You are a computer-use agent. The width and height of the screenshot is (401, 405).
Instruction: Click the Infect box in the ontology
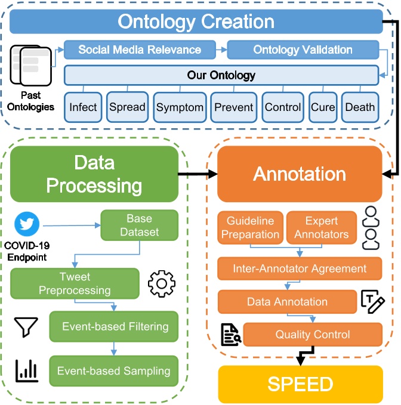(x=83, y=108)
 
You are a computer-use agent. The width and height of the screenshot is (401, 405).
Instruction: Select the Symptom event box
(x=180, y=108)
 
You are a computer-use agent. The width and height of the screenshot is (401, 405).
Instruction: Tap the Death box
(x=360, y=108)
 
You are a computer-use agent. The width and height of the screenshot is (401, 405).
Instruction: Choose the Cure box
(x=323, y=108)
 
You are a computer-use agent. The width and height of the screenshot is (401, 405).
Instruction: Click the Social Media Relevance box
(x=140, y=50)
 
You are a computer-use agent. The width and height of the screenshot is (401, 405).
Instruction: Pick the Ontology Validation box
(x=303, y=50)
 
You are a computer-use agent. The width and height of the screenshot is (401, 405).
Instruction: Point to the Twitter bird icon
(x=27, y=224)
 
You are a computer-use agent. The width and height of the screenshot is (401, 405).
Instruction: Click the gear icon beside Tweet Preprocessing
(x=161, y=283)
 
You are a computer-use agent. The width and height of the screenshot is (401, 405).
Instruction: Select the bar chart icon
(x=26, y=370)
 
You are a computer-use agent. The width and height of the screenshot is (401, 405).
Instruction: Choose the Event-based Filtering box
(x=115, y=326)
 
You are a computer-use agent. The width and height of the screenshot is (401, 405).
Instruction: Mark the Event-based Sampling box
(x=113, y=370)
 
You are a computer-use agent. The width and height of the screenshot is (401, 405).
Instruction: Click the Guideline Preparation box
(x=250, y=227)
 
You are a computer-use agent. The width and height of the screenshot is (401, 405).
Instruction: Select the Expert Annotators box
(x=322, y=227)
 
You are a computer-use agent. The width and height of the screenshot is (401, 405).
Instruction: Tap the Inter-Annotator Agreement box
(x=299, y=269)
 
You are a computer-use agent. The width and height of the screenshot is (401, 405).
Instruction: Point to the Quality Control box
(x=312, y=335)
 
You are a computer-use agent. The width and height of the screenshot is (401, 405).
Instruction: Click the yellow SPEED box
(x=300, y=384)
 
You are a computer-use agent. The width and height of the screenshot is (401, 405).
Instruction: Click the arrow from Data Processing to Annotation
(x=198, y=174)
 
